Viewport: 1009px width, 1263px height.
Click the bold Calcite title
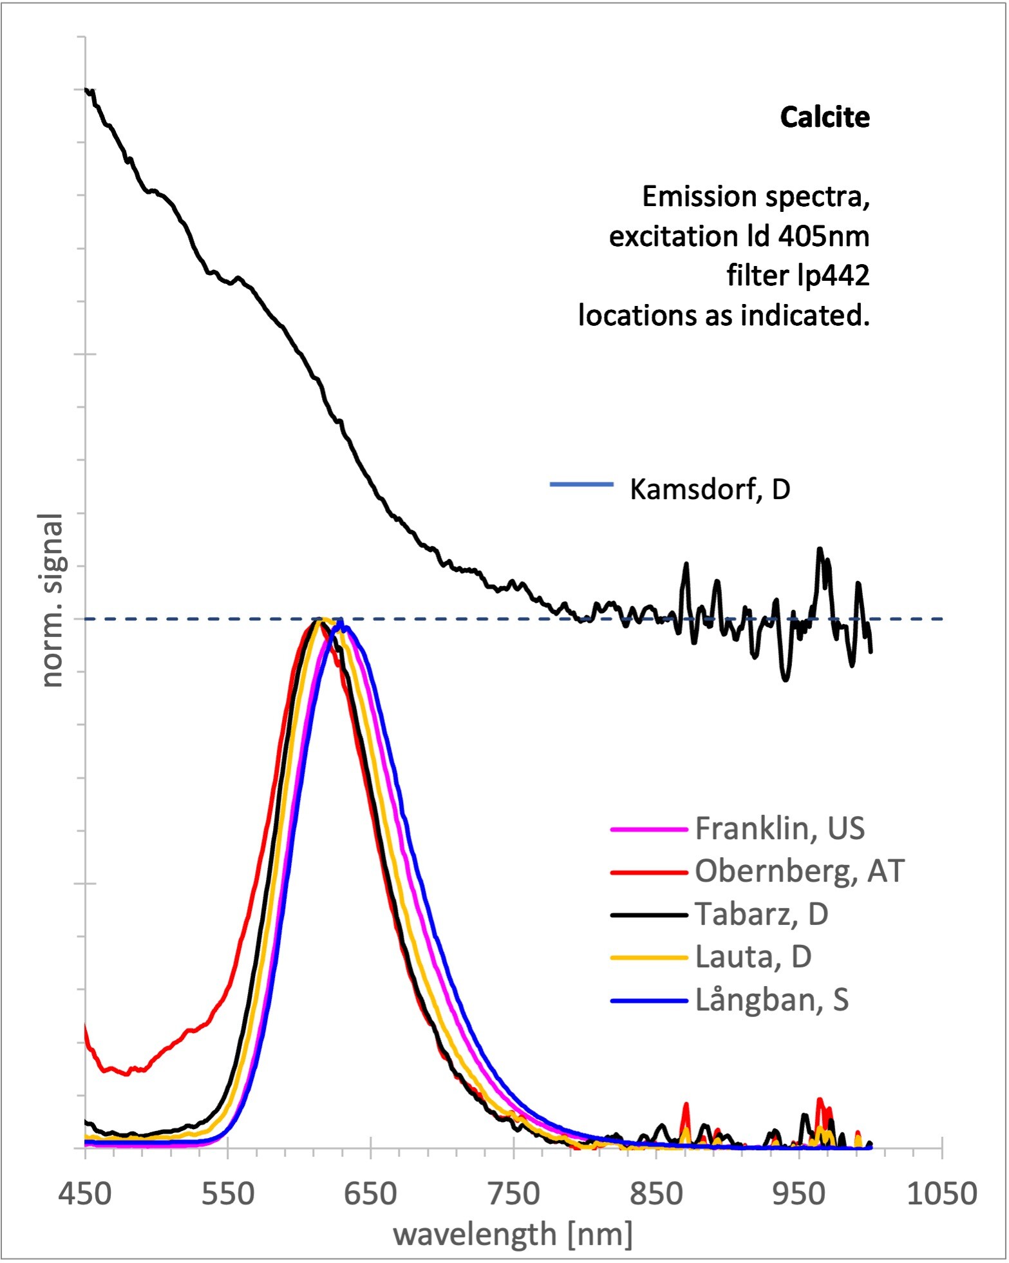point(824,117)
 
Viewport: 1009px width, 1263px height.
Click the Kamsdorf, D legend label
point(710,489)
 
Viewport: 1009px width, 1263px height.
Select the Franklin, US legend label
point(780,829)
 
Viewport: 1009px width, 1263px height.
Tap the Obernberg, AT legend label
point(800,871)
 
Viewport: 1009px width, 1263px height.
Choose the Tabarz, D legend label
point(761,914)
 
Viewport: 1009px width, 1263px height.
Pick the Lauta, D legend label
point(753,957)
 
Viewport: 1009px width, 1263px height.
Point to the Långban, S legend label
point(772,1000)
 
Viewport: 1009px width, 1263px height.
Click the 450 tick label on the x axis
point(85,1194)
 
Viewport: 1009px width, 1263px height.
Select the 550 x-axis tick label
point(228,1194)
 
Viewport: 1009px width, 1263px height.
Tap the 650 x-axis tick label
point(370,1194)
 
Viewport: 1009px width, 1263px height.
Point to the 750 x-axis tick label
point(513,1194)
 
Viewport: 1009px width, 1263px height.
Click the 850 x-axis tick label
point(656,1194)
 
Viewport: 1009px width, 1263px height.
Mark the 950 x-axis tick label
point(798,1194)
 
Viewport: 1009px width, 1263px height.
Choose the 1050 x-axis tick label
point(941,1194)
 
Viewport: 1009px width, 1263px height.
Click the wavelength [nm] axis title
point(513,1235)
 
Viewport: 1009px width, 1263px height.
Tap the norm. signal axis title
point(53,600)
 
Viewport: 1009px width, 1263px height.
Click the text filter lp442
point(798,276)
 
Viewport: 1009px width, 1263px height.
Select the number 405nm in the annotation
point(824,236)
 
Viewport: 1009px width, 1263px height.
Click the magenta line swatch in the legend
point(649,830)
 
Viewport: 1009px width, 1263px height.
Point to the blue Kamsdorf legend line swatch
point(581,484)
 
